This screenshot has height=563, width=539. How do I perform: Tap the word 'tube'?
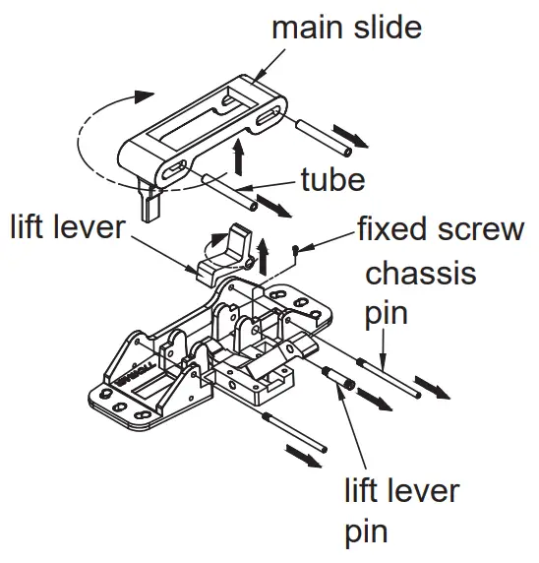coord(332,180)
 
